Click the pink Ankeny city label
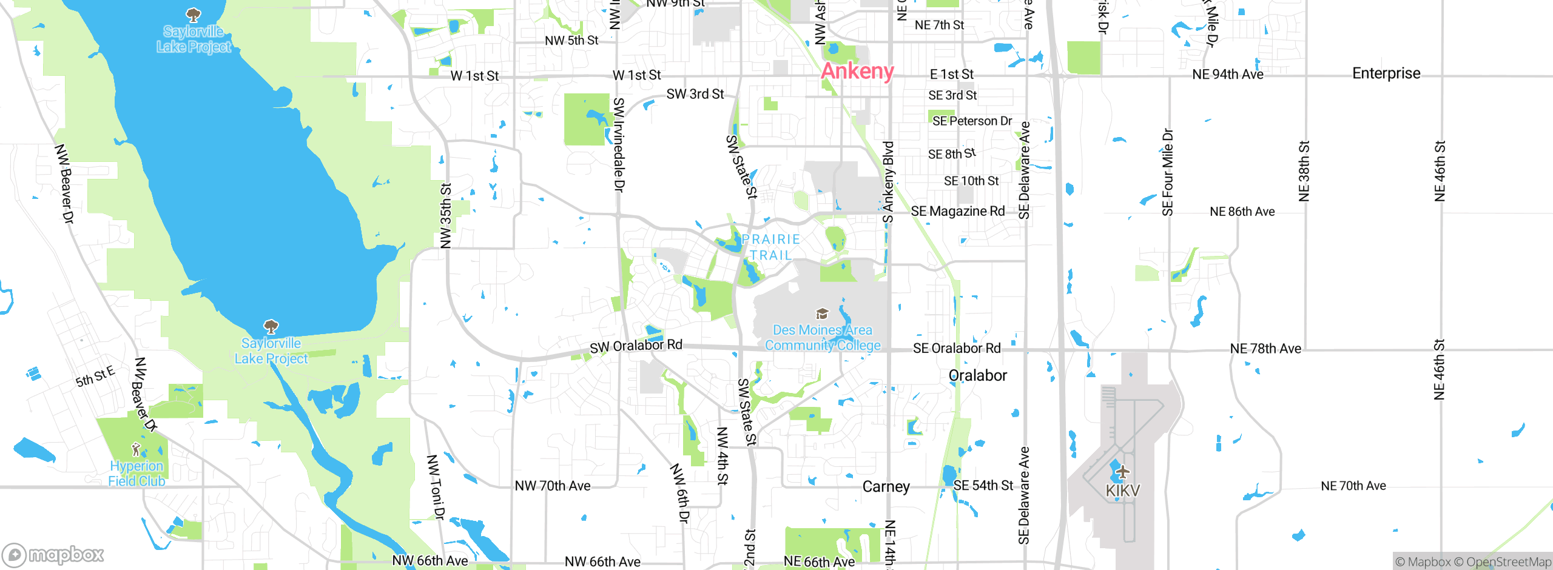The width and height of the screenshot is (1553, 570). pos(857,72)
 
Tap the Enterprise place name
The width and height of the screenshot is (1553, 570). pos(1386,73)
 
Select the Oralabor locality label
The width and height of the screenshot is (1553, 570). pos(977,375)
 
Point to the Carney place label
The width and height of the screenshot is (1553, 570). pos(886,487)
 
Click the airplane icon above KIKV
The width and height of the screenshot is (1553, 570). pos(1122,471)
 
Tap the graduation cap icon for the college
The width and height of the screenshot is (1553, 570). pos(822,313)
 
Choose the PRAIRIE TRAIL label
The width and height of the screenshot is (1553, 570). pos(771,247)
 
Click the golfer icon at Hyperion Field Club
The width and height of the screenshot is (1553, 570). pos(136,449)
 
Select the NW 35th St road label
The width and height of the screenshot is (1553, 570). pos(446,216)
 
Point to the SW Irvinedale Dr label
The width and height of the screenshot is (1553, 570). pos(619,145)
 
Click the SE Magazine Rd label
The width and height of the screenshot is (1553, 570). pos(958,211)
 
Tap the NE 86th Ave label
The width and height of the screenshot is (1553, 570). pos(1242,212)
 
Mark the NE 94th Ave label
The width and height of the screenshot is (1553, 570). pos(1227,75)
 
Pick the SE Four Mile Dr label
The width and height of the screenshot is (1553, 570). pos(1168,172)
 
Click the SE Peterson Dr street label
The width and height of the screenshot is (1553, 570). pos(972,121)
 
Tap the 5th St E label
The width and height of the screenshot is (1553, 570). pos(95,376)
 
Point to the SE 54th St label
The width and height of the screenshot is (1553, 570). pos(983,486)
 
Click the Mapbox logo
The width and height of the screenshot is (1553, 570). pos(53,555)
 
